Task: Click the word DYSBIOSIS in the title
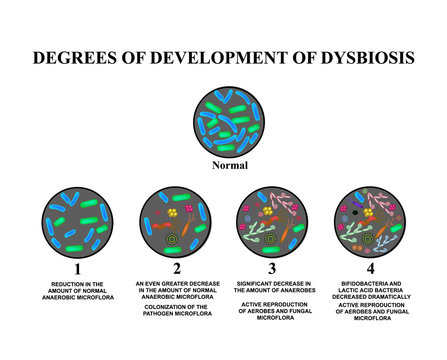(358, 56)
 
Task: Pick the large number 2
(175, 268)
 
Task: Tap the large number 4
(370, 268)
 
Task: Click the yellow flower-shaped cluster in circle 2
(173, 213)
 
